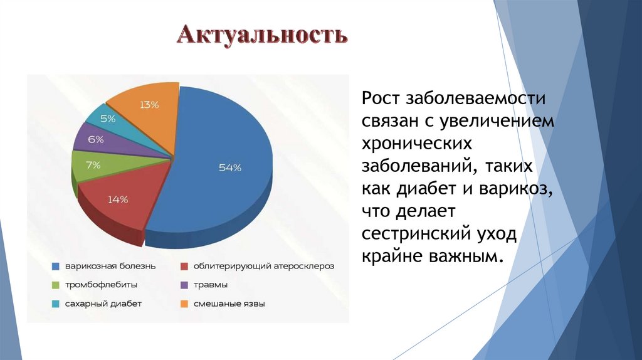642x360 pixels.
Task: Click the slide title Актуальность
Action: point(261,35)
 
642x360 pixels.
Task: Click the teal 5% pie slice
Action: point(108,118)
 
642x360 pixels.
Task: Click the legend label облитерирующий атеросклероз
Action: point(263,266)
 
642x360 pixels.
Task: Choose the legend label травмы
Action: point(210,285)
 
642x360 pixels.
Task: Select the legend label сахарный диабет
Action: point(103,304)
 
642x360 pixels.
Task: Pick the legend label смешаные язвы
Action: point(229,304)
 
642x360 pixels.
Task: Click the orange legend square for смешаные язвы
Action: point(184,304)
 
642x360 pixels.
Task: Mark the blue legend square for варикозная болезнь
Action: point(55,266)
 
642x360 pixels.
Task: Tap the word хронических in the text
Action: point(416,144)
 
